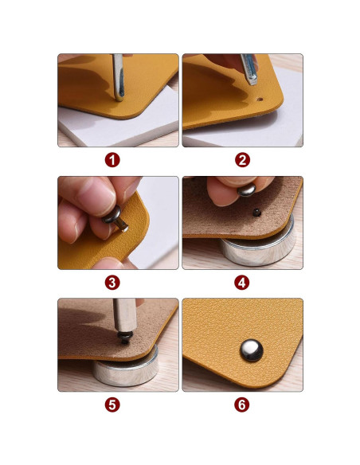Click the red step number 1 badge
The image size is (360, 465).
[x=112, y=160]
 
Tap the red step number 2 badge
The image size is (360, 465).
[x=243, y=160]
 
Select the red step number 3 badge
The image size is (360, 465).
[x=112, y=283]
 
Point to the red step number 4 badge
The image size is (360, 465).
[x=242, y=283]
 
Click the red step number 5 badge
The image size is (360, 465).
[x=112, y=404]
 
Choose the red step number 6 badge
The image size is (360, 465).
[x=242, y=404]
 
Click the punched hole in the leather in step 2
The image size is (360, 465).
[x=260, y=99]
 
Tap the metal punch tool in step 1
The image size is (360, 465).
[x=118, y=78]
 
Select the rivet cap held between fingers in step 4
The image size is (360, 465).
[x=246, y=190]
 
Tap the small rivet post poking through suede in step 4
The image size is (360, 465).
[x=256, y=212]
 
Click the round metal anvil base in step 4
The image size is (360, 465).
[x=259, y=248]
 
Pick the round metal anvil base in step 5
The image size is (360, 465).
[x=127, y=373]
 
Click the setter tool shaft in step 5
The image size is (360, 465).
[x=125, y=315]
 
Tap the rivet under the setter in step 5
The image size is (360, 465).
[x=125, y=338]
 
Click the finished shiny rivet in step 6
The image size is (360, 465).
[x=252, y=350]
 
